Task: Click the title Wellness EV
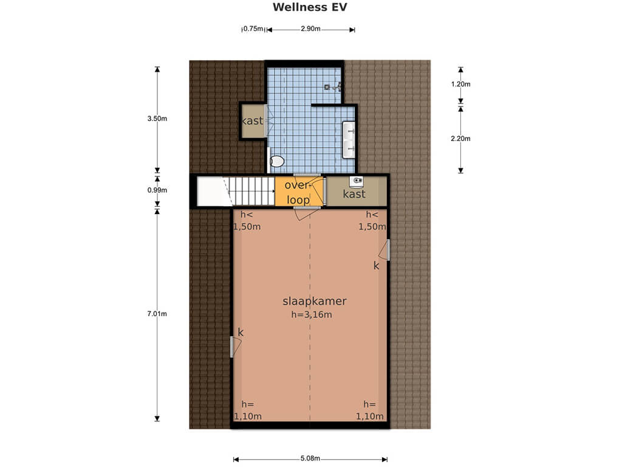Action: pos(310,7)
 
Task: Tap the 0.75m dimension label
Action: pos(253,29)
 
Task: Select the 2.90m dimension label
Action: pos(310,29)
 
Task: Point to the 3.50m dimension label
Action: pos(157,119)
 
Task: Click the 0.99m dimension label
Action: pos(157,190)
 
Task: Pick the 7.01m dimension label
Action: pos(157,314)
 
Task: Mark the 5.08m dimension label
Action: pos(310,458)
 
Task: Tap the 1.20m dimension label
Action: pos(460,84)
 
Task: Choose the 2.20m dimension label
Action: pos(460,139)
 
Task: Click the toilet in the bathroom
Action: pos(276,161)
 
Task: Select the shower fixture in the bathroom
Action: pos(332,86)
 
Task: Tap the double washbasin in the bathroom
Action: pos(349,140)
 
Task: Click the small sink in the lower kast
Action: pos(356,181)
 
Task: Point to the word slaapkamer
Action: pos(314,301)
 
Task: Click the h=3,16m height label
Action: pos(312,314)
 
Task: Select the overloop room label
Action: pos(298,192)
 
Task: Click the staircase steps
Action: pos(251,192)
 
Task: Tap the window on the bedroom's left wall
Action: pos(231,347)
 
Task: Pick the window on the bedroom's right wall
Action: pos(388,250)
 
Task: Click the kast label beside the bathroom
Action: pos(252,121)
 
